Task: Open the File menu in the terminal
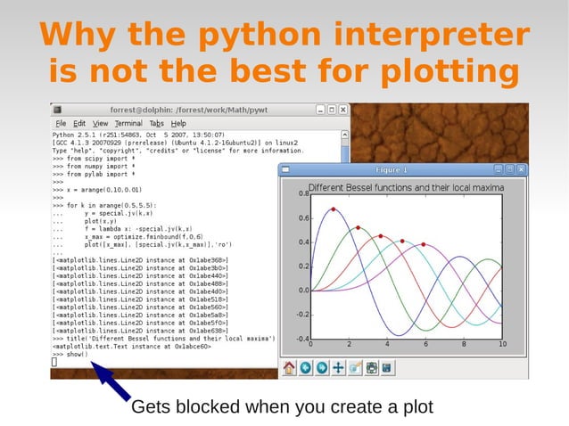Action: click(x=61, y=123)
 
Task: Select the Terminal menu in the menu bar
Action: click(x=128, y=123)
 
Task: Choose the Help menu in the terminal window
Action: click(x=178, y=123)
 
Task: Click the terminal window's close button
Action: click(x=343, y=110)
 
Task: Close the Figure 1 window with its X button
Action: click(x=522, y=169)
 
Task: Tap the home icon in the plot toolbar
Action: click(x=289, y=367)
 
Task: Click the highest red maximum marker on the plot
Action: click(x=334, y=209)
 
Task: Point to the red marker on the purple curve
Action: click(x=423, y=244)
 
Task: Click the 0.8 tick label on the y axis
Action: click(x=302, y=193)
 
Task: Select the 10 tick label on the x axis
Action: click(x=502, y=345)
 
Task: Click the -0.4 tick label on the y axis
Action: click(x=301, y=339)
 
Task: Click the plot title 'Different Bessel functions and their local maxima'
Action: click(x=406, y=188)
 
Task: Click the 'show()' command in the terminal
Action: click(x=77, y=354)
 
